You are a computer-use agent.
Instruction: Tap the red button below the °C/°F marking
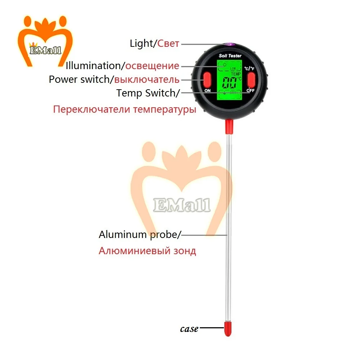pyautogui.click(x=251, y=79)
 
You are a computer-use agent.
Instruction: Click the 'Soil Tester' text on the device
pyautogui.click(x=230, y=56)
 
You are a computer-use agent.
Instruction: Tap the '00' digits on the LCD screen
pyautogui.click(x=229, y=84)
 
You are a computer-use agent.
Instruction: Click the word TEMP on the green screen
pyautogui.click(x=235, y=73)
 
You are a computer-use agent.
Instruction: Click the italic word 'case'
pyautogui.click(x=189, y=329)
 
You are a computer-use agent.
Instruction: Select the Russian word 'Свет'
pyautogui.click(x=168, y=44)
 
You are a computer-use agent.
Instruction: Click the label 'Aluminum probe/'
pyautogui.click(x=140, y=235)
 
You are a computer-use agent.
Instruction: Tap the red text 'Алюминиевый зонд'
pyautogui.click(x=147, y=251)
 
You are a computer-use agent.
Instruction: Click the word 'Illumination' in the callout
pyautogui.click(x=94, y=66)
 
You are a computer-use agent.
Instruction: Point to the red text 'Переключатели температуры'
pyautogui.click(x=125, y=109)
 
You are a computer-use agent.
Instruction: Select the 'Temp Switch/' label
pyautogui.click(x=148, y=93)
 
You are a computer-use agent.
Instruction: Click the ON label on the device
pyautogui.click(x=207, y=91)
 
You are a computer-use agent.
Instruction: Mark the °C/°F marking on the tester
pyautogui.click(x=249, y=68)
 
